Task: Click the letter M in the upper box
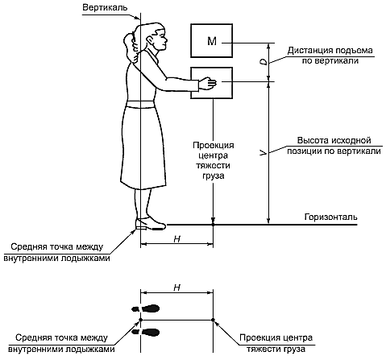click(x=212, y=41)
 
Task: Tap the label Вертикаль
click(x=105, y=7)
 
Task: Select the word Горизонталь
click(x=331, y=217)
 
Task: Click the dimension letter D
click(x=264, y=62)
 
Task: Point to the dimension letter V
click(x=264, y=153)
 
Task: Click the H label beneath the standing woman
click(x=176, y=238)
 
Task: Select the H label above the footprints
click(x=176, y=288)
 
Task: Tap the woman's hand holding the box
click(x=207, y=84)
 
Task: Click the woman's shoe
click(x=151, y=224)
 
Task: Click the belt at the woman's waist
click(x=142, y=104)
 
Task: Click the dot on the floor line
click(x=213, y=224)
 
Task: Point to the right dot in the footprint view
click(x=213, y=320)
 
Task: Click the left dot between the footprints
click(x=140, y=320)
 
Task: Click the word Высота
click(x=313, y=140)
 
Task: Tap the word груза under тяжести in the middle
click(x=213, y=176)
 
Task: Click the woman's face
click(x=160, y=39)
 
